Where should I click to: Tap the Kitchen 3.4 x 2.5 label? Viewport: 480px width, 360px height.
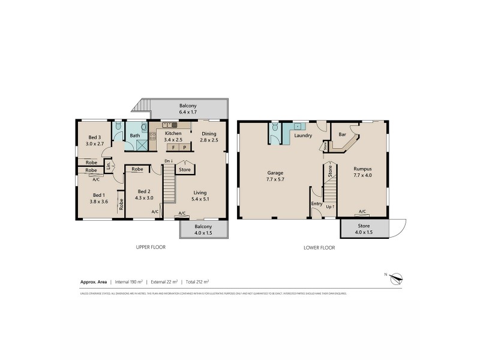pyautogui.click(x=173, y=136)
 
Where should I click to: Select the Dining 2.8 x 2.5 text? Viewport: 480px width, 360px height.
pyautogui.click(x=208, y=136)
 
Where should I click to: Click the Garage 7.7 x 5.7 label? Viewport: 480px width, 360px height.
pyautogui.click(x=275, y=176)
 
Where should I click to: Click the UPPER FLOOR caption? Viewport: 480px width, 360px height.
pyautogui.click(x=151, y=247)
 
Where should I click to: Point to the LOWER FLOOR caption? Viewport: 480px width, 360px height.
pyautogui.click(x=319, y=247)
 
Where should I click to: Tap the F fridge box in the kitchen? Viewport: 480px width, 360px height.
pyautogui.click(x=173, y=147)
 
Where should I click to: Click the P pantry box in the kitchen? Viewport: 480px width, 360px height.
pyautogui.click(x=185, y=147)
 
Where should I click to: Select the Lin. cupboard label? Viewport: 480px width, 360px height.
pyautogui.click(x=109, y=166)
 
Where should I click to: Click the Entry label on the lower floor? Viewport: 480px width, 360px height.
pyautogui.click(x=316, y=204)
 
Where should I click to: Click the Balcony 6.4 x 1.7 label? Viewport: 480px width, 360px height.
pyautogui.click(x=188, y=109)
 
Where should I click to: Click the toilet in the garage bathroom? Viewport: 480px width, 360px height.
pyautogui.click(x=275, y=127)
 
